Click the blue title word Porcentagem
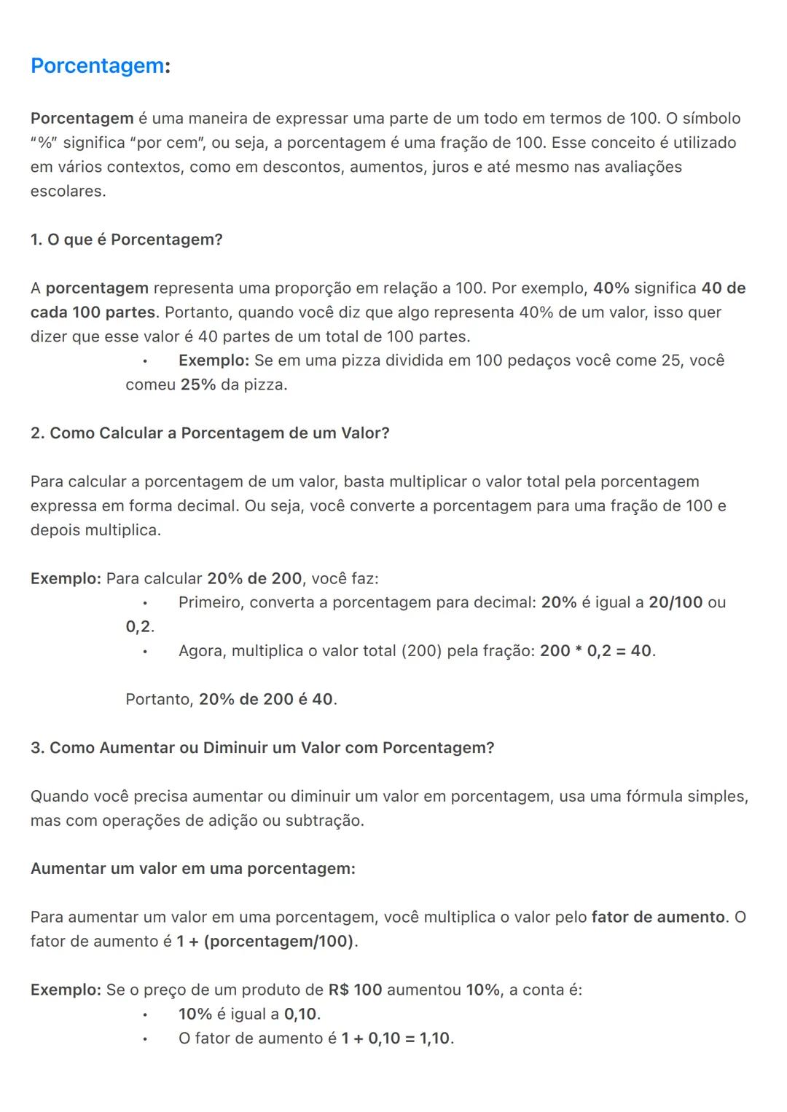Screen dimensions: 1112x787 [x=98, y=66]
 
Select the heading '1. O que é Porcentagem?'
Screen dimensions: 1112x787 [x=126, y=240]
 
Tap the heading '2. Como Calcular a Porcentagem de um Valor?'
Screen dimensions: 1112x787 [x=210, y=433]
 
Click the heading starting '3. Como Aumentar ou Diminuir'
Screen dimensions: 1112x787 [x=262, y=748]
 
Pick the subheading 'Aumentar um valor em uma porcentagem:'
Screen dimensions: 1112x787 [x=193, y=869]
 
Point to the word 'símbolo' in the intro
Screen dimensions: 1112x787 [x=711, y=119]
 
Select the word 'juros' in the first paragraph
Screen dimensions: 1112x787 [x=450, y=167]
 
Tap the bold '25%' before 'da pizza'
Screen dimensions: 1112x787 [x=198, y=385]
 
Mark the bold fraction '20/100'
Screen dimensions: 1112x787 [x=676, y=602]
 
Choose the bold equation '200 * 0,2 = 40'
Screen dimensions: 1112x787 [x=595, y=651]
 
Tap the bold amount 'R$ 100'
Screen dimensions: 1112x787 [x=355, y=990]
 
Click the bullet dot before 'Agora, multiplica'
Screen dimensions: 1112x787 [x=145, y=652]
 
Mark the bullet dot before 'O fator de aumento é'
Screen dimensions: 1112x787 [x=145, y=1039]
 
